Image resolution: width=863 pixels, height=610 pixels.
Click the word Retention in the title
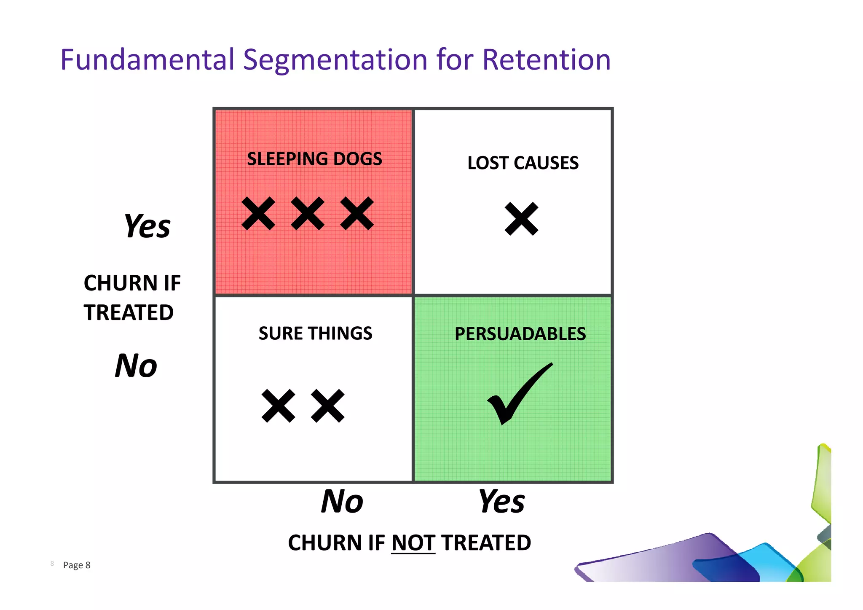[546, 59]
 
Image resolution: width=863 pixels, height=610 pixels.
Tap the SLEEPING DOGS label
[314, 159]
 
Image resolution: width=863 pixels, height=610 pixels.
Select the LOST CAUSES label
[523, 163]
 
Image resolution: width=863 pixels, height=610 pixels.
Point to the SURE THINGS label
[315, 333]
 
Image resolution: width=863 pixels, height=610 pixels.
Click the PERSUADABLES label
[520, 333]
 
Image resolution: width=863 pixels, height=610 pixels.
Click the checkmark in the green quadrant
[518, 394]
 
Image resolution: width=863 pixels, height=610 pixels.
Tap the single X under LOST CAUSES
[521, 219]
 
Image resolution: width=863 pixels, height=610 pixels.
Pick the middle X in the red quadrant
[308, 213]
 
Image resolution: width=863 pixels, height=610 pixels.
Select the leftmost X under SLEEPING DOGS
[258, 213]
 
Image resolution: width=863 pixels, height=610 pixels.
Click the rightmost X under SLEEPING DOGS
[357, 213]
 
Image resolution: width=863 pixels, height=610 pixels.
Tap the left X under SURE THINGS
[278, 406]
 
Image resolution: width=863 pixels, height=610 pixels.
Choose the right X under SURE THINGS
[327, 406]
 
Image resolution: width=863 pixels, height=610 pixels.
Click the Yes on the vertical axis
[147, 226]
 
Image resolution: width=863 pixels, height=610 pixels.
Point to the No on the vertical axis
[136, 365]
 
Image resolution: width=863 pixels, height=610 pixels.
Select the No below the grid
[342, 501]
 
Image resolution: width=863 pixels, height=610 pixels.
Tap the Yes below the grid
[501, 501]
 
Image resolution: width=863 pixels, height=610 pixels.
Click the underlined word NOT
[413, 543]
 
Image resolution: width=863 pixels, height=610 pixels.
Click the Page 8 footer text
[76, 565]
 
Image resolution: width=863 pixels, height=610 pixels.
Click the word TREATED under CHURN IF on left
[129, 312]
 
